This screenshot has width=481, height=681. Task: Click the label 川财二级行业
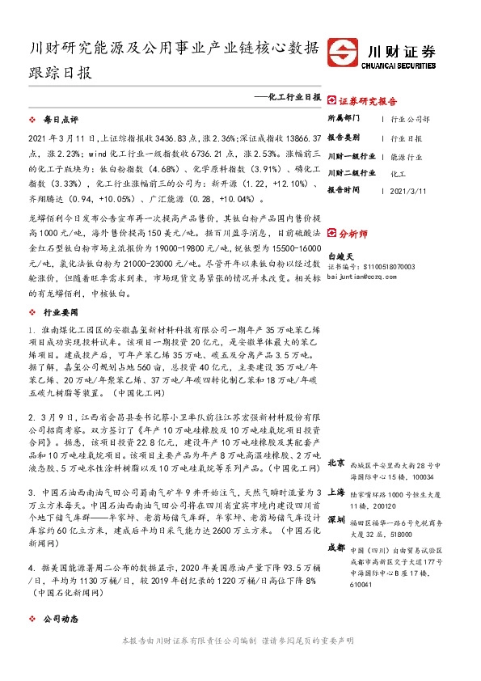352,173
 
